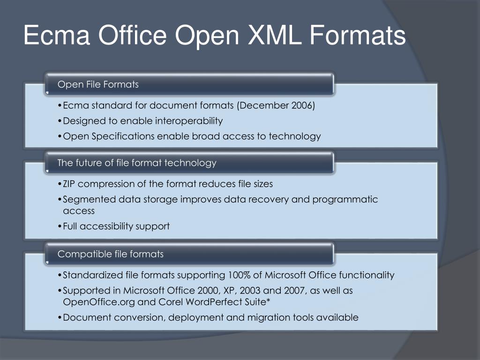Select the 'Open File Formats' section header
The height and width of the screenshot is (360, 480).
pyautogui.click(x=98, y=84)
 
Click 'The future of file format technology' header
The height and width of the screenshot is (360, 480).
pyautogui.click(x=137, y=163)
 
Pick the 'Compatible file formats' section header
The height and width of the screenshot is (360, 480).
pyautogui.click(x=111, y=254)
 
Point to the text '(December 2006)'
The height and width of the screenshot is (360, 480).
pyautogui.click(x=276, y=105)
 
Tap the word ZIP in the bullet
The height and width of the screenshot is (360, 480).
pyautogui.click(x=71, y=184)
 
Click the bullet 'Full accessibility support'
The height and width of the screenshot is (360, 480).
pyautogui.click(x=116, y=226)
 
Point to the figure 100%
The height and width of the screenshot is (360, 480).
pyautogui.click(x=239, y=275)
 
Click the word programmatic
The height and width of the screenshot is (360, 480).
pyautogui.click(x=345, y=199)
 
